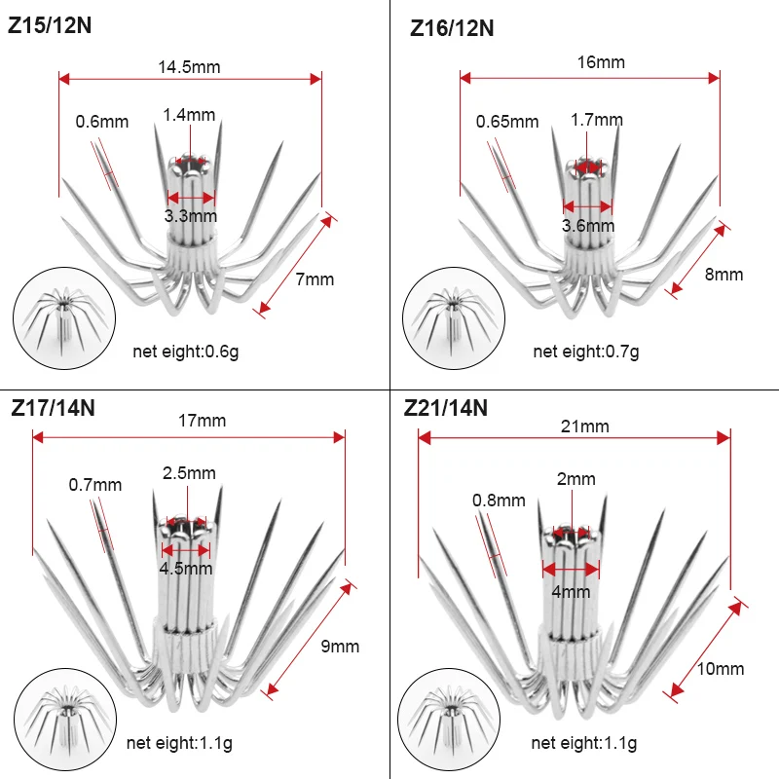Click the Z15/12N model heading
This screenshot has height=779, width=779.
[50, 25]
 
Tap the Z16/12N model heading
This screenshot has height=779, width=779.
[452, 28]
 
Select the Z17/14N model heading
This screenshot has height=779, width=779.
[54, 408]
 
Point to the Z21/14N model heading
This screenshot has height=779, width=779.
[446, 408]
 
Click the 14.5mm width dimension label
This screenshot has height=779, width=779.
[189, 67]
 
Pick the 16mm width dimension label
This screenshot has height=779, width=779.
[601, 62]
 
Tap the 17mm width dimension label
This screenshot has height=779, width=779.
[202, 421]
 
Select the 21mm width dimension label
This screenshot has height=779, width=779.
[585, 427]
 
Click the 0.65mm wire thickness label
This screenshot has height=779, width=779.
[507, 121]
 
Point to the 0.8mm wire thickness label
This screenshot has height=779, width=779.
[499, 501]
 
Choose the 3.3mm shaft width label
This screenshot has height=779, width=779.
[191, 216]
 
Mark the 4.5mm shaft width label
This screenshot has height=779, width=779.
[186, 569]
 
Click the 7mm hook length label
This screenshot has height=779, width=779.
[315, 279]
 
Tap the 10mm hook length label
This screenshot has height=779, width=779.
[721, 669]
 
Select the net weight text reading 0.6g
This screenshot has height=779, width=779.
[185, 352]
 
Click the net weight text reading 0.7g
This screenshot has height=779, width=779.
[586, 352]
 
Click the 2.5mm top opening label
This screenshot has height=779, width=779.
[189, 473]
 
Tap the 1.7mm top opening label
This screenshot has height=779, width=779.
[596, 120]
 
